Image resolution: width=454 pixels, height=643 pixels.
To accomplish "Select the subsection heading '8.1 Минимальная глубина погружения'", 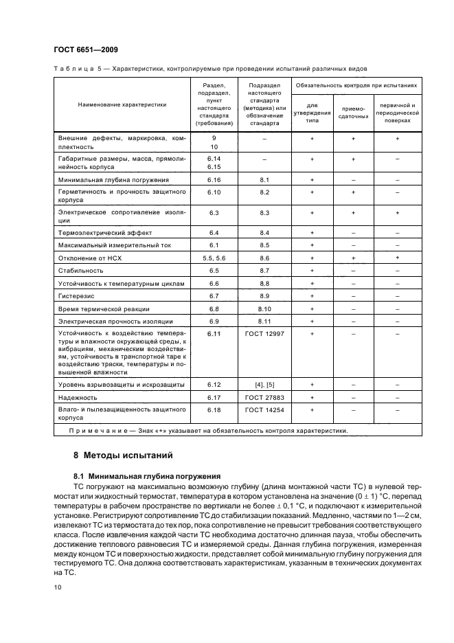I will pos(146,475).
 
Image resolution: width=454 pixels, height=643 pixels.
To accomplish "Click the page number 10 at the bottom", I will pos(57,587).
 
